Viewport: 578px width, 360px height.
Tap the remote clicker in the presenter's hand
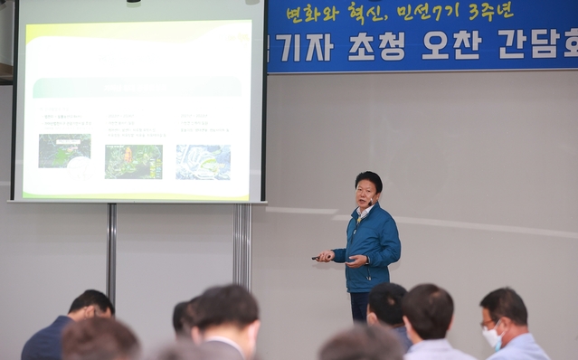(x=318, y=258)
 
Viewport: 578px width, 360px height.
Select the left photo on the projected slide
(x=64, y=151)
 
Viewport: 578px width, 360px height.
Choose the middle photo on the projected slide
(x=133, y=162)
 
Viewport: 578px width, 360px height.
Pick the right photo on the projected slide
(x=203, y=162)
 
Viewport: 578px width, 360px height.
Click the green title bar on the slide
(x=136, y=87)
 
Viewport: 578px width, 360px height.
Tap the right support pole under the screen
(x=242, y=246)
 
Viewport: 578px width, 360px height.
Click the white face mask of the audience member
(x=491, y=336)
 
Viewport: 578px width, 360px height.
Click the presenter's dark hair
(x=368, y=179)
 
